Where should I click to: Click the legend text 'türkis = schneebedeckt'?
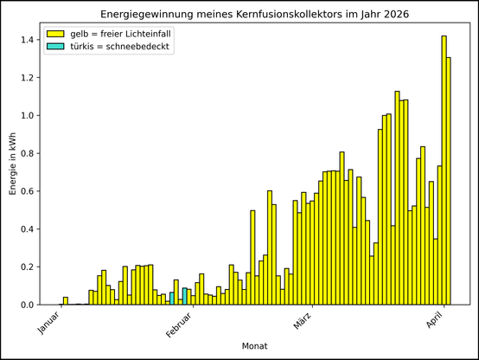coord(121,47)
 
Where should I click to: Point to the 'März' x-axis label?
coord(302,324)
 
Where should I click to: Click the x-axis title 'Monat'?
coord(255,346)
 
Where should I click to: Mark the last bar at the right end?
coord(449,181)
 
